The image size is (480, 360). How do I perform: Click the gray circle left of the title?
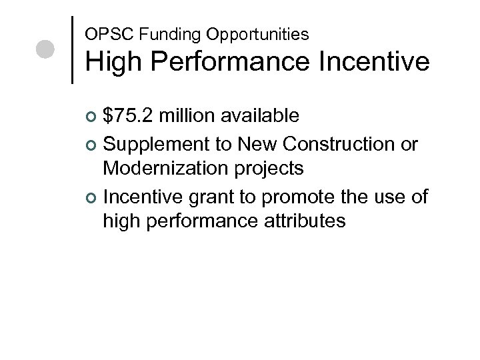pos(45,50)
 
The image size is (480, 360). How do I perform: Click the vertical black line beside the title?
pos(72,50)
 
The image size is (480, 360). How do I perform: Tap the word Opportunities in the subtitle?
pos(219,33)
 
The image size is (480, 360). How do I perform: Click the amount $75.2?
pos(129,117)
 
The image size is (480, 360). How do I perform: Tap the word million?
pos(189,117)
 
